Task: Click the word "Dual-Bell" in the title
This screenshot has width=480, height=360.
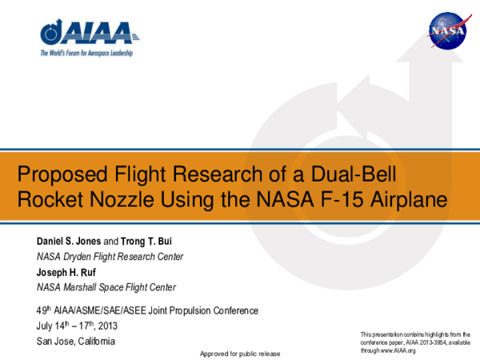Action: (x=351, y=174)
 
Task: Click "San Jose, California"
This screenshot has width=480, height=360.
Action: (x=76, y=342)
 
